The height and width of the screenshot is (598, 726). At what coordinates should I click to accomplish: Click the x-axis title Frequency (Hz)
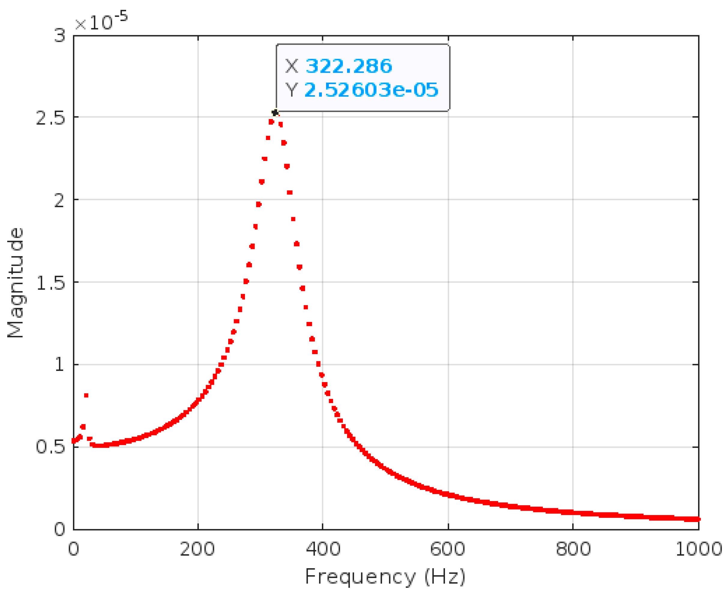[385, 576]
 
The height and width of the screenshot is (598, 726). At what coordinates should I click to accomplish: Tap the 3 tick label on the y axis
[59, 36]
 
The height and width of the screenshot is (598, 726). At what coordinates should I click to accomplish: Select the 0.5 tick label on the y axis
[50, 447]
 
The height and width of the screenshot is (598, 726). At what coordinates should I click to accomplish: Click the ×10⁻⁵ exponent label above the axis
[101, 21]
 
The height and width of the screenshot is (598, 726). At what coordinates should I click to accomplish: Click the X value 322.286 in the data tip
[349, 66]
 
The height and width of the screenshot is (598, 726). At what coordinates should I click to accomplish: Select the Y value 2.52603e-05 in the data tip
[371, 90]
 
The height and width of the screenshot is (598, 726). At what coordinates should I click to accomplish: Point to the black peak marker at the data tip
[275, 113]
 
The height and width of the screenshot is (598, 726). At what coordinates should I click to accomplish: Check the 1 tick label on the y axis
[59, 364]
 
